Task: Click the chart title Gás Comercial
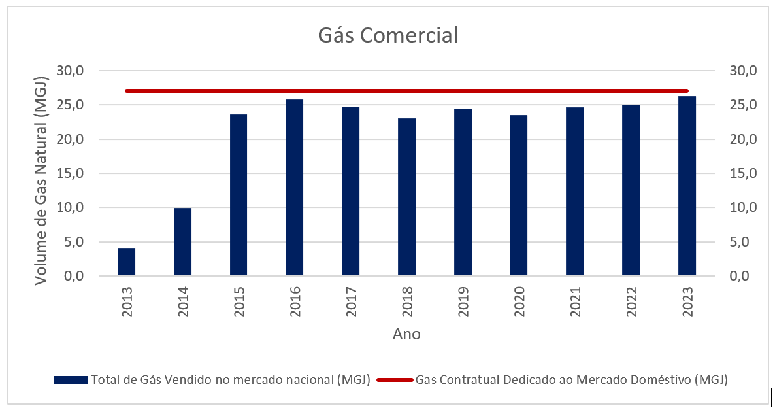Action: [387, 35]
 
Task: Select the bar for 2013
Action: [127, 262]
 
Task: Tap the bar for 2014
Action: [182, 242]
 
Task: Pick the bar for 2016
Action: [295, 188]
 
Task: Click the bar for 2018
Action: [406, 197]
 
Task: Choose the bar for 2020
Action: [519, 196]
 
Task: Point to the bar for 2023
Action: [687, 186]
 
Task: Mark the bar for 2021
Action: [575, 192]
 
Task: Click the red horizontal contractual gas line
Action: [405, 91]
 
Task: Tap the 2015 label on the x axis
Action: [239, 302]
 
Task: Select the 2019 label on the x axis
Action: [463, 302]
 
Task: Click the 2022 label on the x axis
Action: [631, 302]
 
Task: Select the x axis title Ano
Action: [406, 334]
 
